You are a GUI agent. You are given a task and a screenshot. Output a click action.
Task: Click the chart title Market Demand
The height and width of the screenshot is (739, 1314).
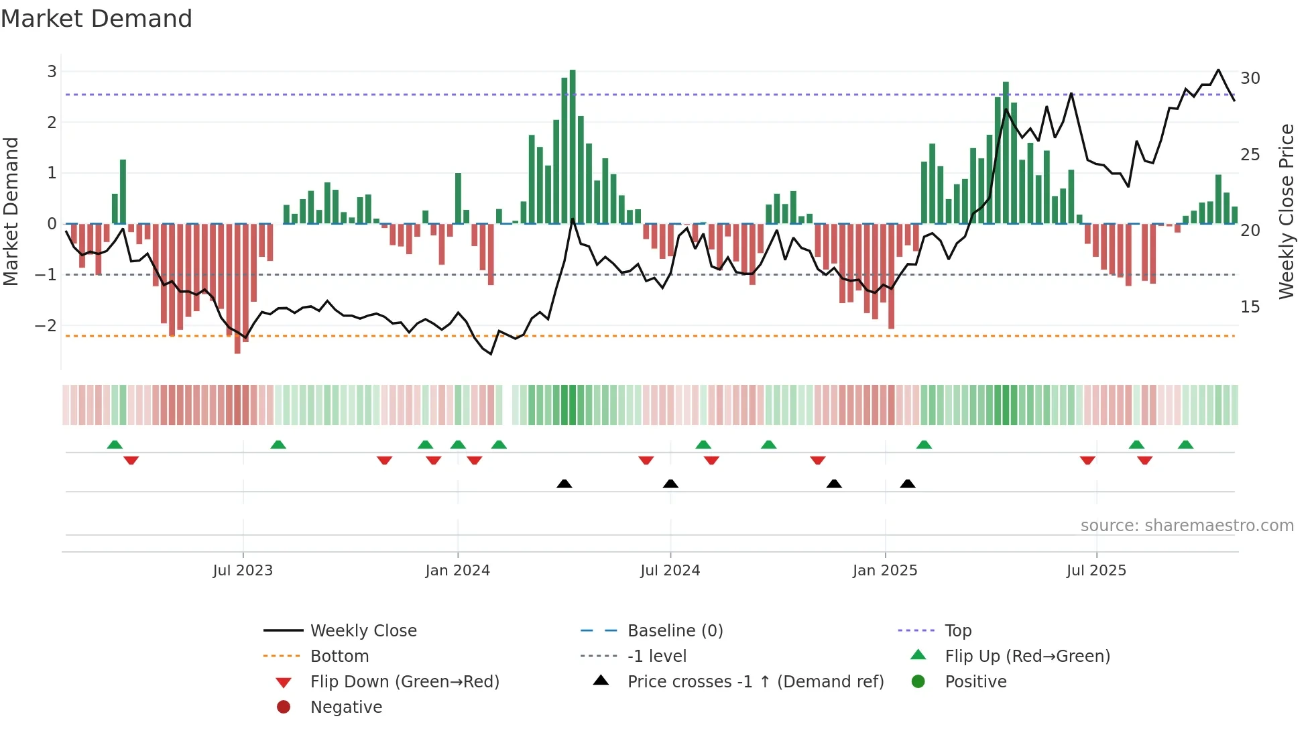97,19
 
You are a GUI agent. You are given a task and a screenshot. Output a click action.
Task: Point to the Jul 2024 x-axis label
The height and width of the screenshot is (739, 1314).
670,571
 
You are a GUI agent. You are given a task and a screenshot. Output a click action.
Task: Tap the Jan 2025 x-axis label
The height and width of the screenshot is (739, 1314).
885,571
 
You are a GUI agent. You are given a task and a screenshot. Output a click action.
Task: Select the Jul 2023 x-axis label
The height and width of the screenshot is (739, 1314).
243,571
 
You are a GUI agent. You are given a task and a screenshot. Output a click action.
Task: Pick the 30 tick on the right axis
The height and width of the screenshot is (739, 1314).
1250,78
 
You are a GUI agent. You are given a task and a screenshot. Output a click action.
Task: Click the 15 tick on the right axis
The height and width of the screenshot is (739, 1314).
1250,307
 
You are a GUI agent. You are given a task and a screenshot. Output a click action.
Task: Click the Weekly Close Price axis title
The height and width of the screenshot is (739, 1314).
1286,211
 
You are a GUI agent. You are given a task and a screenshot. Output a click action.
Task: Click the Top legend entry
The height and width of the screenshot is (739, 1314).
958,631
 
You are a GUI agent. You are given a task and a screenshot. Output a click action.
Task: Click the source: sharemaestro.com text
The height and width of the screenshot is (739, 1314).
1187,526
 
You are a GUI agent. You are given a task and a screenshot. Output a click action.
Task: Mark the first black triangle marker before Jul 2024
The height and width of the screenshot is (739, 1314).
564,484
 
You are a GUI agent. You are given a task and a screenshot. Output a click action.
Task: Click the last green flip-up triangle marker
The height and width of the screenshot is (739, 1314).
1185,445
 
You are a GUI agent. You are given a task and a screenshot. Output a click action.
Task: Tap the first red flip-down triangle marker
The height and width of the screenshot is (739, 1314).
131,460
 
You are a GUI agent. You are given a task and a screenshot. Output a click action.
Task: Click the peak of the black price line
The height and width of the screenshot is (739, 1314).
1218,70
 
